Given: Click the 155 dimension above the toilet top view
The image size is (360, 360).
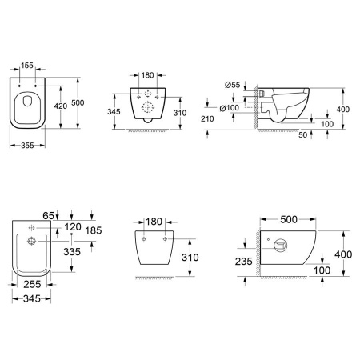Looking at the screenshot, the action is coord(27,66).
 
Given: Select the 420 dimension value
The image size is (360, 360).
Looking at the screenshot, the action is coord(61,106).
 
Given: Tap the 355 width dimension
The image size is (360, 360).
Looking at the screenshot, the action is coord(27,146).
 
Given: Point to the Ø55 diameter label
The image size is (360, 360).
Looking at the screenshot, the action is coord(233,85).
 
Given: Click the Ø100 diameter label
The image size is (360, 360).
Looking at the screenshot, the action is coord(230,108).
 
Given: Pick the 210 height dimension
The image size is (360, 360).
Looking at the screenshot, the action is coord(207,118).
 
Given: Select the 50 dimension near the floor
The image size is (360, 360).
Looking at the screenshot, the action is coord(303,135).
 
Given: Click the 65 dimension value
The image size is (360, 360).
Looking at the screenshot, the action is coord(48,215).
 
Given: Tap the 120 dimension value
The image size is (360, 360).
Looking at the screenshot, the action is coord(73,227).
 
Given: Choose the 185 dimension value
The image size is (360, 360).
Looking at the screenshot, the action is coord(94,230).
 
